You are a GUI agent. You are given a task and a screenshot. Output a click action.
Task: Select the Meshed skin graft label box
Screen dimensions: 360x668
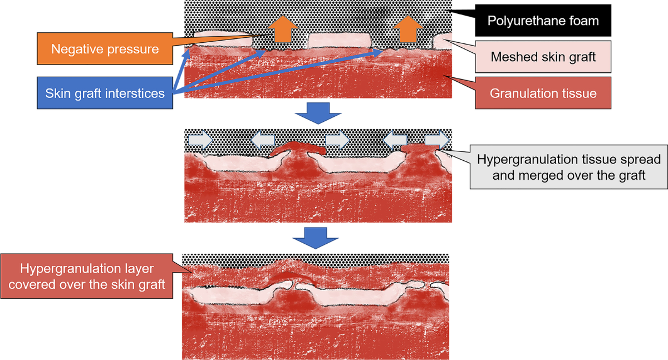tap(543, 57)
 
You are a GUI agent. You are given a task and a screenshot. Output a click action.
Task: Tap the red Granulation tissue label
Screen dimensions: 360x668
tap(543, 92)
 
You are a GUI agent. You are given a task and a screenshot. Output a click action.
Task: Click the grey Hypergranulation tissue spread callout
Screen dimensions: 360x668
tap(568, 166)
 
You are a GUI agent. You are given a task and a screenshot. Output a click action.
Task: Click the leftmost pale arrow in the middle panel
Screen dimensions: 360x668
tap(200, 139)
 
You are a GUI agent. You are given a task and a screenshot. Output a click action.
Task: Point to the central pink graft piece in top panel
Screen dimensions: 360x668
tap(340, 41)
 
